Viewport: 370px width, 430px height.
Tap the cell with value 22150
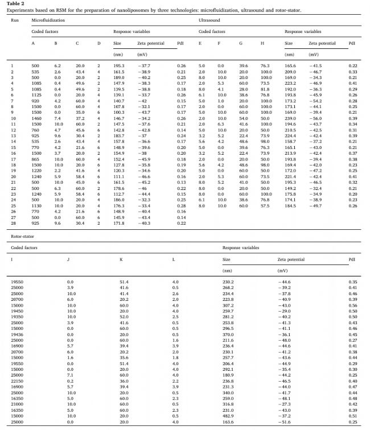tap(18, 379)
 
